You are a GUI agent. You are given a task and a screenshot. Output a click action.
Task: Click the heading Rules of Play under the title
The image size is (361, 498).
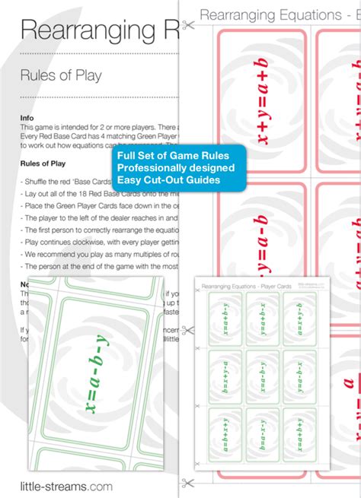(60, 75)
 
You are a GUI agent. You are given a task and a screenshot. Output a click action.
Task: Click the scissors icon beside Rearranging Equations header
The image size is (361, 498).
(189, 23)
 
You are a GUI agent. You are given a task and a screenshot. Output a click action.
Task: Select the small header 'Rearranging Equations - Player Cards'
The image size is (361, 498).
(244, 285)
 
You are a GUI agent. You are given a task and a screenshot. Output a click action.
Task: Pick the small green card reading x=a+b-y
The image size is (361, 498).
(225, 319)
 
